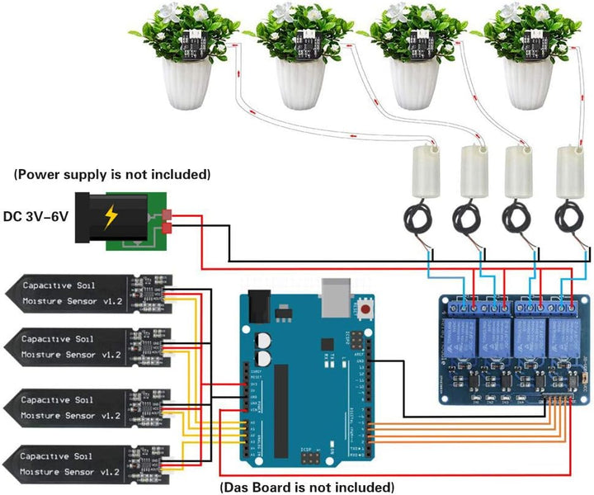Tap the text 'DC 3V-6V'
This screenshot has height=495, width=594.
coord(36,216)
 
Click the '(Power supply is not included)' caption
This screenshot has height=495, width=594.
coord(111,175)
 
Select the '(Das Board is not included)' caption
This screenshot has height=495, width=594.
coord(307,487)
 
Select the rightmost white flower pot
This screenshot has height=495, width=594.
coord(528,86)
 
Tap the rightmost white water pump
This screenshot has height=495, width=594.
coord(568,172)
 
